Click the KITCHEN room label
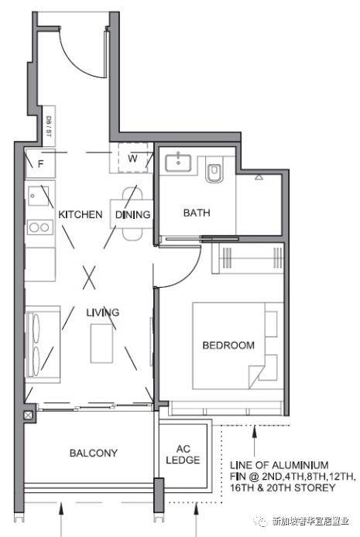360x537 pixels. click(81, 215)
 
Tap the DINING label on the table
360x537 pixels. click(133, 215)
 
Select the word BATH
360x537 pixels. click(197, 213)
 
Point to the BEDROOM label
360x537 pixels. click(228, 345)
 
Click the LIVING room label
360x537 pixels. click(103, 313)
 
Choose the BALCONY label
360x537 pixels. click(94, 453)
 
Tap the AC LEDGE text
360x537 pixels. click(183, 454)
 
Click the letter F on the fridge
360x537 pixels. click(40, 164)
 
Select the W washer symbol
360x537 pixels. click(132, 158)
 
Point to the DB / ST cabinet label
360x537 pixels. click(48, 126)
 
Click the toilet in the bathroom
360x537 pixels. click(214, 169)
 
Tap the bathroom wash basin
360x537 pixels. click(178, 163)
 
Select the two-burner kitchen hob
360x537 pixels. click(40, 227)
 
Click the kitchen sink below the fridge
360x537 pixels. click(38, 196)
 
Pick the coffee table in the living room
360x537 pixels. click(101, 344)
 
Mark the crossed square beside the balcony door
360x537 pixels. click(28, 415)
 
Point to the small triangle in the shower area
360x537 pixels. click(259, 177)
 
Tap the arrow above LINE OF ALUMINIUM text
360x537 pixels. click(254, 442)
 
